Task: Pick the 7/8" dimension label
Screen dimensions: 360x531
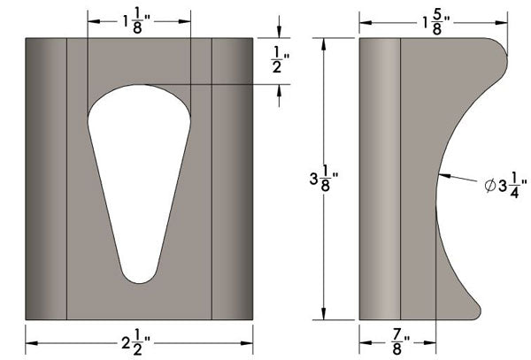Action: pyautogui.click(x=396, y=339)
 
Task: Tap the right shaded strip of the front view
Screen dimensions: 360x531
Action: pyautogui.click(x=233, y=177)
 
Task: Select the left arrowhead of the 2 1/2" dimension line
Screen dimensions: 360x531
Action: pyautogui.click(x=29, y=339)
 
